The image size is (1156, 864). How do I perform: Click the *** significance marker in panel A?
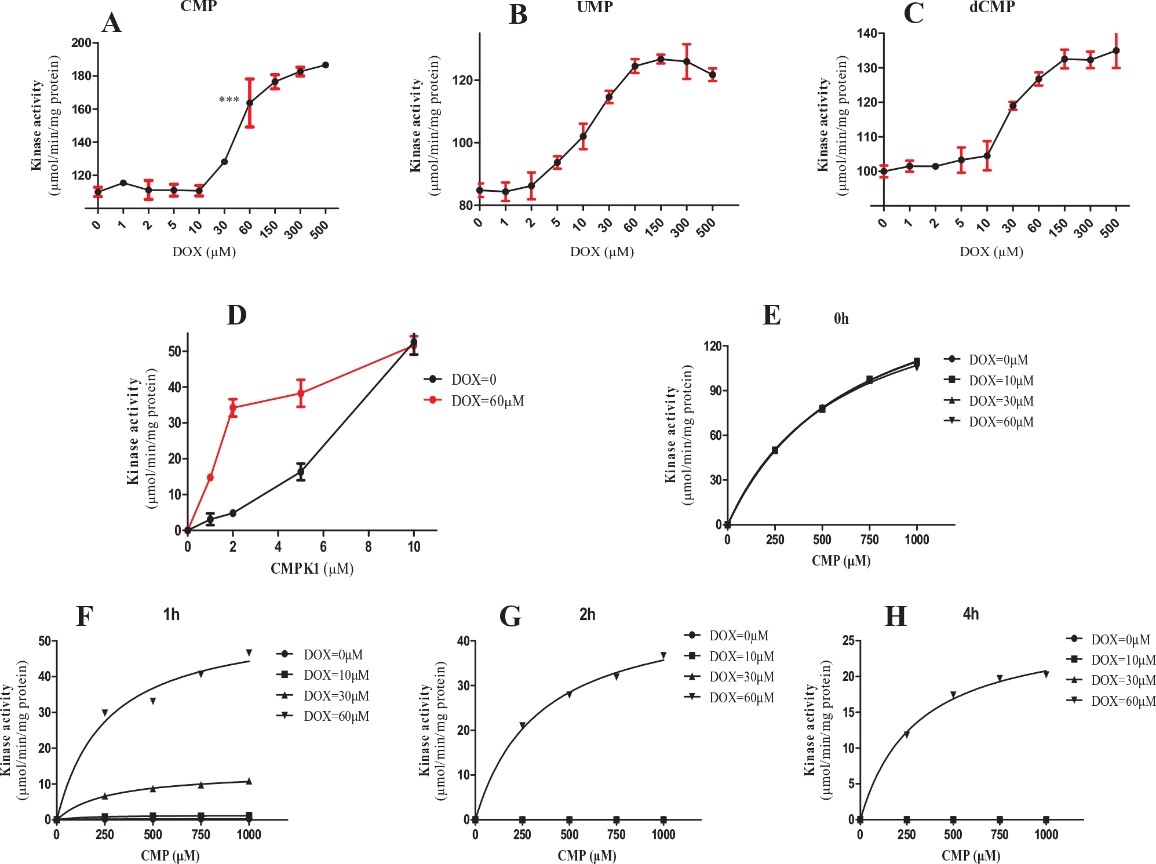pos(229,100)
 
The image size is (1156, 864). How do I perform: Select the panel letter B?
pos(518,14)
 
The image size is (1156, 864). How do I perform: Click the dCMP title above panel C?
pos(992,7)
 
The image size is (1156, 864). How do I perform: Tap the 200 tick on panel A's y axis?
pos(81,43)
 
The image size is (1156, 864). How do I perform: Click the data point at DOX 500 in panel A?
pos(326,65)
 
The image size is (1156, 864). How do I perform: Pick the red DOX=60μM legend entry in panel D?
pos(474,400)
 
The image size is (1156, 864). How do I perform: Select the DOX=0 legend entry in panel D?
pos(460,380)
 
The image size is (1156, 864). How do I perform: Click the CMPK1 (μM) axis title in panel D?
pos(312,568)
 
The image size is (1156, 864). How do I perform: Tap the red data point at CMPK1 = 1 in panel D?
pos(210,477)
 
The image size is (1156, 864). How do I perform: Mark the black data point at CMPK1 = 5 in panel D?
pos(301,472)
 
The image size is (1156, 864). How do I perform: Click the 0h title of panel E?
pos(841,318)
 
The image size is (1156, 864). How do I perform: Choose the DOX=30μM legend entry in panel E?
pos(989,401)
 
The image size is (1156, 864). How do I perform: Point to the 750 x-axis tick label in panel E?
pos(869,539)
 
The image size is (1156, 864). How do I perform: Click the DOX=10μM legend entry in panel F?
pos(323,675)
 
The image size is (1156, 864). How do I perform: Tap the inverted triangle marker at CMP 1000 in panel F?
pos(249,652)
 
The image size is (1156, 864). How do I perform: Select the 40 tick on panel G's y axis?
pos(463,641)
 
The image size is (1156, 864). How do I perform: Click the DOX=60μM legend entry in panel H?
pos(1111,701)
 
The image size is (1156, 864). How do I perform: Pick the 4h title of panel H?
pos(971,614)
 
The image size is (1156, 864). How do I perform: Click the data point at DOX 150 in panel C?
pos(1064,59)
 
